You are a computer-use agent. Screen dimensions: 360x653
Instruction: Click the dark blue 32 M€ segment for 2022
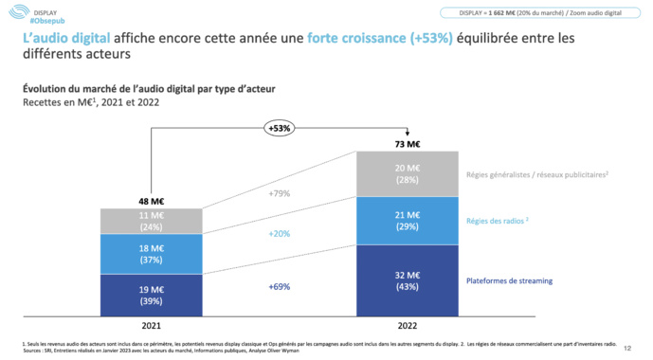coord(408,279)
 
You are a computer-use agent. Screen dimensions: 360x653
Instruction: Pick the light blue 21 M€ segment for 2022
coord(408,221)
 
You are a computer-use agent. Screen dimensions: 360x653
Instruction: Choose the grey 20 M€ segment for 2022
coord(408,174)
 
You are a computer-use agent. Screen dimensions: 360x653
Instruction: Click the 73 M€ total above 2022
coord(408,144)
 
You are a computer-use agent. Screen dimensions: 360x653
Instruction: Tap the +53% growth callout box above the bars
coord(280,128)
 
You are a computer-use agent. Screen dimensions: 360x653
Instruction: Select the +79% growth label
coord(280,194)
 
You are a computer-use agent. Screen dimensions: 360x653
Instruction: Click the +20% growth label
coord(280,233)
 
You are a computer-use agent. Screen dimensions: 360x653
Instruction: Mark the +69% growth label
coord(280,285)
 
